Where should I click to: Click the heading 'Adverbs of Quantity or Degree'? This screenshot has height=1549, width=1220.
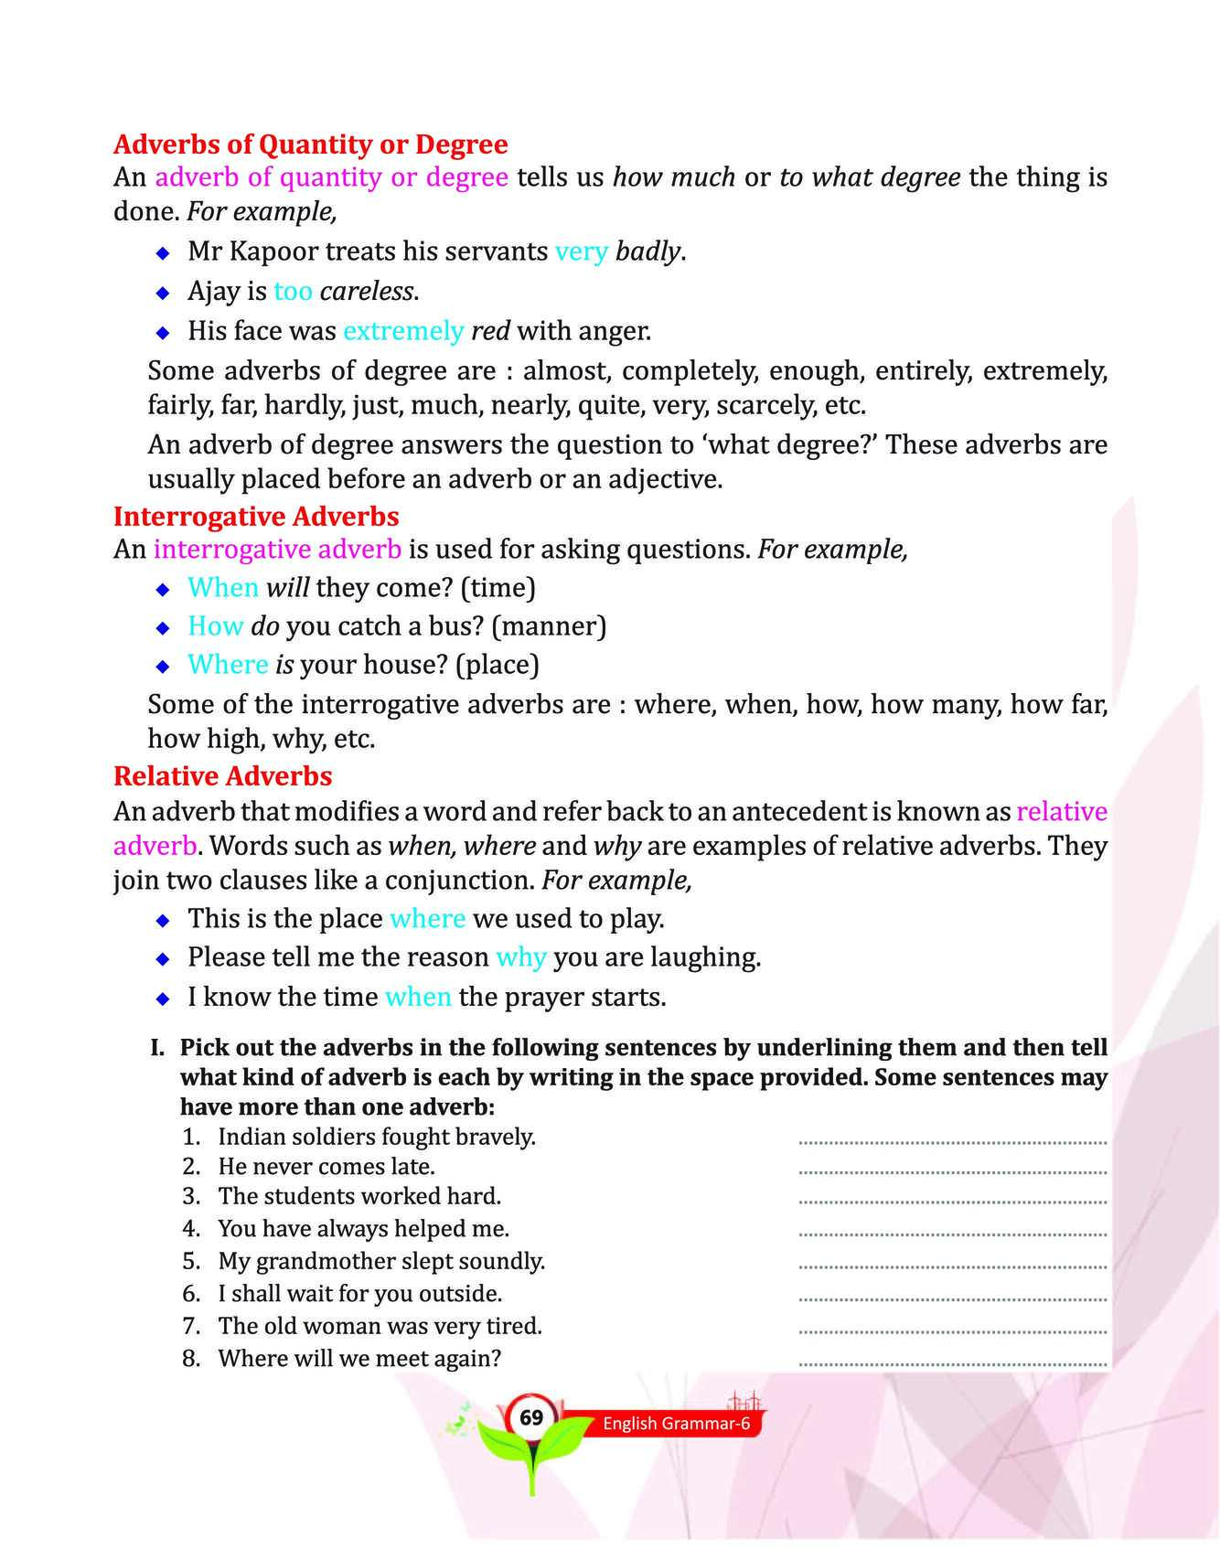pyautogui.click(x=310, y=144)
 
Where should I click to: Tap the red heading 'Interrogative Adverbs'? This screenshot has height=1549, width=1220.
pyautogui.click(x=256, y=517)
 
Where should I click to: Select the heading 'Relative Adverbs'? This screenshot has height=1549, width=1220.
pyautogui.click(x=222, y=776)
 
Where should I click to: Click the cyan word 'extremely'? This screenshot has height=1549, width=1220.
pyautogui.click(x=403, y=331)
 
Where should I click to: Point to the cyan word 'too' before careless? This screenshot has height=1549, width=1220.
pyautogui.click(x=293, y=292)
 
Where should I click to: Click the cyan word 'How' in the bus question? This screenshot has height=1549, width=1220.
pyautogui.click(x=215, y=626)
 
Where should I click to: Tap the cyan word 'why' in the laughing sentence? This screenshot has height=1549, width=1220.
pyautogui.click(x=521, y=957)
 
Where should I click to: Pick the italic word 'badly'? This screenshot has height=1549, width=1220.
pyautogui.click(x=648, y=251)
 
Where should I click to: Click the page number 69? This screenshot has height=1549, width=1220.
pyautogui.click(x=531, y=1417)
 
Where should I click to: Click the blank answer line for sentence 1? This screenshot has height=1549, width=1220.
pyautogui.click(x=952, y=1141)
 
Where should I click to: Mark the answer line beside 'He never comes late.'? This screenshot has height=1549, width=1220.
pyautogui.click(x=952, y=1170)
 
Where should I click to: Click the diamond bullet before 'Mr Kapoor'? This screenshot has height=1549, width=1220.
pyautogui.click(x=163, y=252)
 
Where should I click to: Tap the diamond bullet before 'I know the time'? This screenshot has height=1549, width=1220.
pyautogui.click(x=163, y=999)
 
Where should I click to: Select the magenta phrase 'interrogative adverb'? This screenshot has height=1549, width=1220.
pyautogui.click(x=277, y=550)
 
